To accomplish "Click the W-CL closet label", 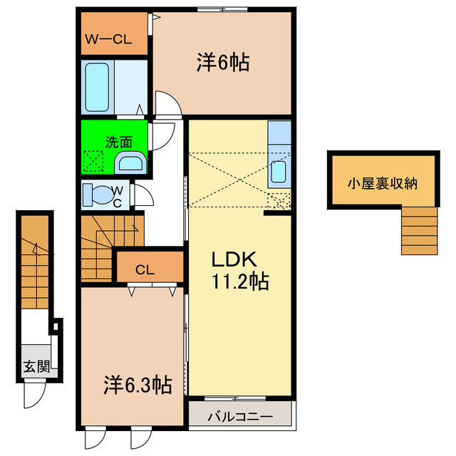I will (109, 41).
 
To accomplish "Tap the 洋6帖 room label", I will (222, 63).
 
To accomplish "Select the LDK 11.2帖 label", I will (238, 270).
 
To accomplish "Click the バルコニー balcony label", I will (239, 415).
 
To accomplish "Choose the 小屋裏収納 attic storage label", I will (382, 183).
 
